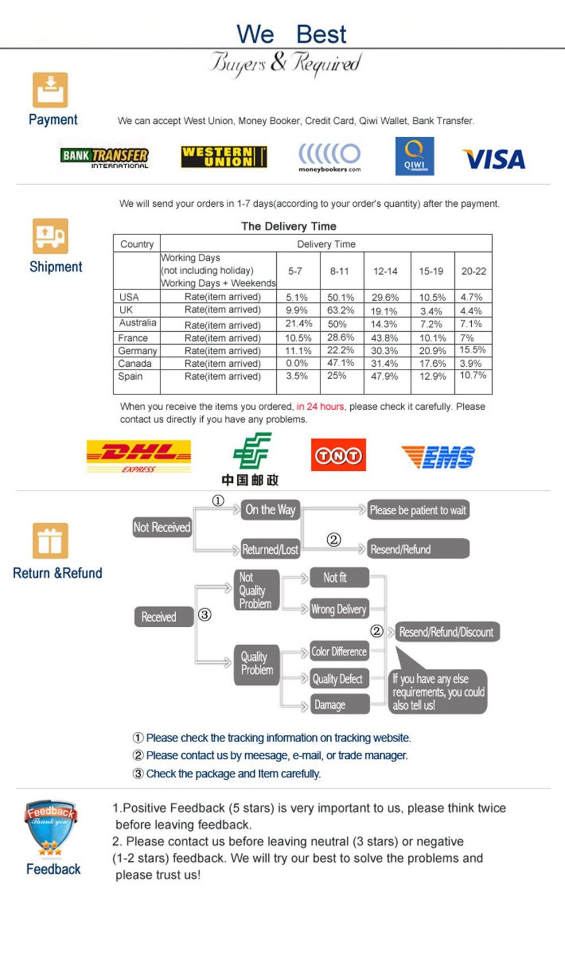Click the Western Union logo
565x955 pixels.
point(224,157)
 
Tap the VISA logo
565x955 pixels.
point(493,159)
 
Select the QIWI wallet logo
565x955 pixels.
point(415,156)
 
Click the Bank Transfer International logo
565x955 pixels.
point(105,157)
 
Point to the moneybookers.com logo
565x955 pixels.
point(329,157)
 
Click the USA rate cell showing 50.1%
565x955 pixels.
point(341,297)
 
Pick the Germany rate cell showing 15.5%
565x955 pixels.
point(472,350)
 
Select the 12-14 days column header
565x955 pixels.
point(385,271)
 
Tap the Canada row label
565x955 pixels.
point(135,363)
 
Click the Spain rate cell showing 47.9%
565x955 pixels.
point(384,376)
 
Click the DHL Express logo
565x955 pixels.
point(138,455)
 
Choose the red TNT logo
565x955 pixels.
point(338,455)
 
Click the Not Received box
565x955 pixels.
point(162,527)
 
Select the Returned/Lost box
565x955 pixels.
point(270,549)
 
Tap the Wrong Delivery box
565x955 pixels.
point(339,609)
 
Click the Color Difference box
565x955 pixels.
point(339,652)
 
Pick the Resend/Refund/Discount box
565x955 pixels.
point(446,632)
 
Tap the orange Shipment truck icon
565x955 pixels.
point(50,236)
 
